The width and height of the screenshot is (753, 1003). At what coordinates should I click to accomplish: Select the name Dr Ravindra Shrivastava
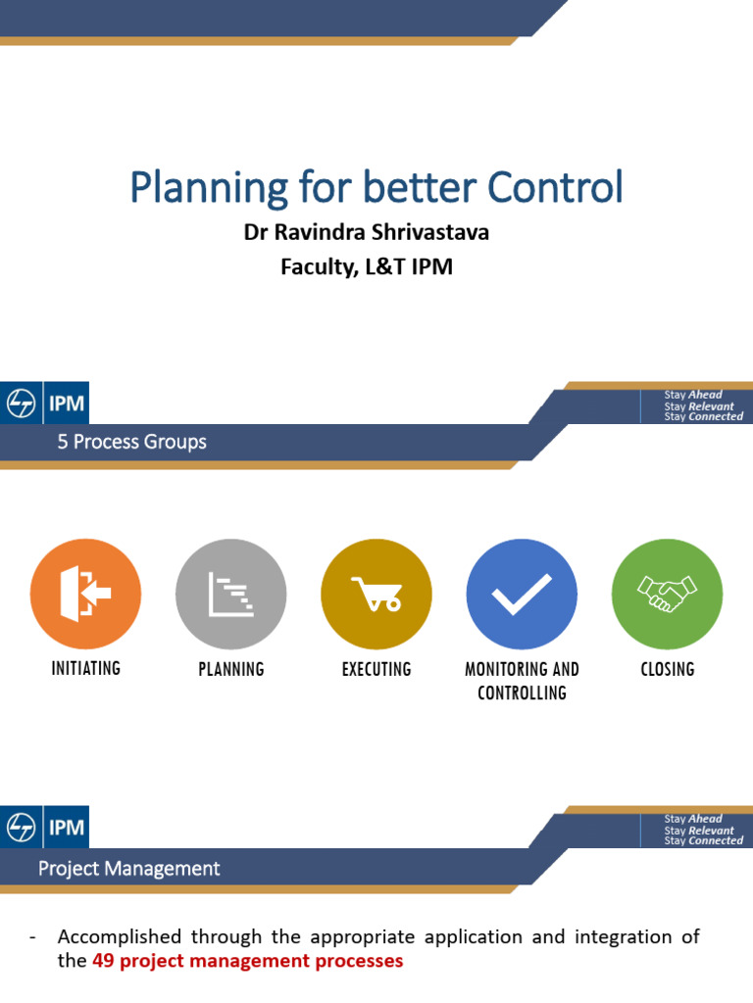366,235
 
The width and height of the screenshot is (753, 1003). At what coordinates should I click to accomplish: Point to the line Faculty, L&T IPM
366,265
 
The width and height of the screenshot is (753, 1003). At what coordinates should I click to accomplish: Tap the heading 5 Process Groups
131,442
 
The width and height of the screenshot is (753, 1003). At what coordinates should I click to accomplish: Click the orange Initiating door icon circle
85,594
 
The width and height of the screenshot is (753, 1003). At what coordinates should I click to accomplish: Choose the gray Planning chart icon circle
230,594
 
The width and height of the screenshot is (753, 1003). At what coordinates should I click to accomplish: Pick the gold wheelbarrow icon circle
376,594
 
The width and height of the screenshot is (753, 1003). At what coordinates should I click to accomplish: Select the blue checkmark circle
522,594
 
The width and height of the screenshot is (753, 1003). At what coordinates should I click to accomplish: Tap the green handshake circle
667,594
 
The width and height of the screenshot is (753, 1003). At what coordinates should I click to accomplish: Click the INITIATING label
85,668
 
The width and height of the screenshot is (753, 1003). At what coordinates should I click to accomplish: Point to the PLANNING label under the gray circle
230,669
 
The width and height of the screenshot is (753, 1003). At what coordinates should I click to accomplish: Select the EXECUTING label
376,669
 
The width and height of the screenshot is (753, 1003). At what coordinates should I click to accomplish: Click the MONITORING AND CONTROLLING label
522,680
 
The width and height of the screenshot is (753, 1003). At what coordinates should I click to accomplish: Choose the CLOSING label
667,669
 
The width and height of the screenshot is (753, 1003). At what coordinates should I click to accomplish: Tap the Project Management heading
128,868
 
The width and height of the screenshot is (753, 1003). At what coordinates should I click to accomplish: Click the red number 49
103,961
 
